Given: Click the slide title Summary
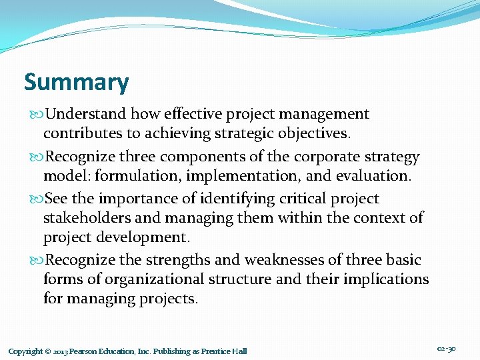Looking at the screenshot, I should (76, 83).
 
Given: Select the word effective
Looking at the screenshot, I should (187, 115).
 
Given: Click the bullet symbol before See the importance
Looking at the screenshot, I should (36, 199).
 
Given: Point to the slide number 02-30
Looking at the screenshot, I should (447, 349).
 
